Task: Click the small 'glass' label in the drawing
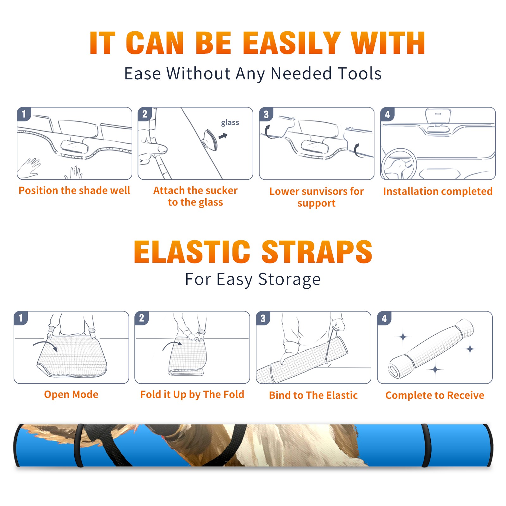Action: tap(230, 123)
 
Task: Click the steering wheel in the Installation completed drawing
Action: tap(399, 164)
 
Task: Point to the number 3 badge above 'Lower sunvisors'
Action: tap(266, 114)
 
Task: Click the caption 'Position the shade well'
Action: tap(74, 190)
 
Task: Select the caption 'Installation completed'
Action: tap(438, 191)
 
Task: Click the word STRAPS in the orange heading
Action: tap(317, 252)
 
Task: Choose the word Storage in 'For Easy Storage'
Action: tap(289, 280)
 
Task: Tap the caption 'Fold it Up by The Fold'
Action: tap(192, 394)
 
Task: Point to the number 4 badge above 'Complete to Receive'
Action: tap(384, 318)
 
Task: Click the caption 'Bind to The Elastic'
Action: tap(313, 395)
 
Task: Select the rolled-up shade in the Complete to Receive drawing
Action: tap(431, 348)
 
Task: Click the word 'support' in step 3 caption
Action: tap(316, 203)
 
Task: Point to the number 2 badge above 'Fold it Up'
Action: tap(142, 318)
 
